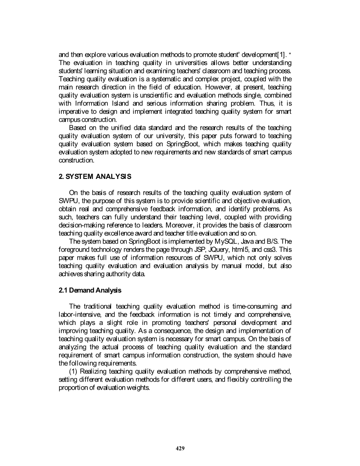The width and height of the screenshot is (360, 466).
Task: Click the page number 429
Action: pyautogui.click(x=180, y=449)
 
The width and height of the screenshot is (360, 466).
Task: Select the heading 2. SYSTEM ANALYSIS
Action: pyautogui.click(x=95, y=177)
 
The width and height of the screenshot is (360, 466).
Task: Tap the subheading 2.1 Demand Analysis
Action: pyautogui.click(x=90, y=290)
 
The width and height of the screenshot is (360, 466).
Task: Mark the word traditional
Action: pyautogui.click(x=98, y=306)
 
